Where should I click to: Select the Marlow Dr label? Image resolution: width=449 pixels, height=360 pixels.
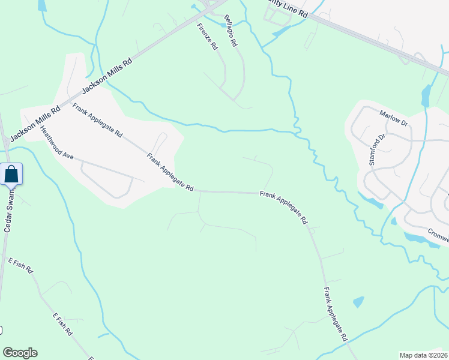394,117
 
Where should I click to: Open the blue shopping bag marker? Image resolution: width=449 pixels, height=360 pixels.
11,175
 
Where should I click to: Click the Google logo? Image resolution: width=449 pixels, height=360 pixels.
20,353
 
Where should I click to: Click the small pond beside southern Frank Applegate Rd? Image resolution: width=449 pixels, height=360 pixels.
358,302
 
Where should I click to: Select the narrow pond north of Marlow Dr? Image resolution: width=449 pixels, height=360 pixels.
426,95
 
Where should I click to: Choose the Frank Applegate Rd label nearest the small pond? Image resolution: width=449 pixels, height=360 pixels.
336,314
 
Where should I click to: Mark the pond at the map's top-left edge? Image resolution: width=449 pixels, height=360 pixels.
41,5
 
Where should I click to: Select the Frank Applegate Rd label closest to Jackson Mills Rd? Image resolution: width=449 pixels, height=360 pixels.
97,121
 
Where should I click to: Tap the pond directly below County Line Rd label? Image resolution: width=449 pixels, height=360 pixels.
281,31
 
